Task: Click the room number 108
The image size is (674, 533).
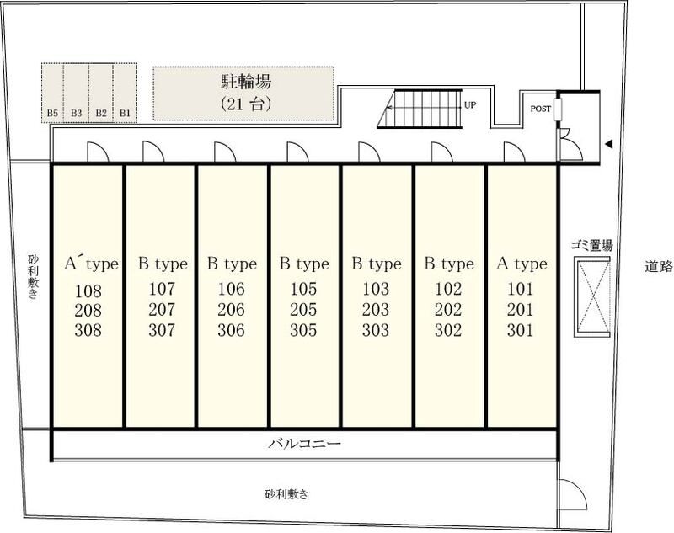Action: click(88, 291)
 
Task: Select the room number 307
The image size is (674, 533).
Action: click(162, 330)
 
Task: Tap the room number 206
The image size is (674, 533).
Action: click(231, 310)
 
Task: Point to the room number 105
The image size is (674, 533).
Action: click(303, 289)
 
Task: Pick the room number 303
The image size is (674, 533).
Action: click(376, 330)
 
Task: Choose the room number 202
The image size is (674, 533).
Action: click(448, 310)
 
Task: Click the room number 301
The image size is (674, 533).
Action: click(520, 330)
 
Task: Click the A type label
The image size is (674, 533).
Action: click(522, 264)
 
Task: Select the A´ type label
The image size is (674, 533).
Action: click(91, 264)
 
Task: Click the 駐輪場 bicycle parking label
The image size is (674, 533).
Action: click(246, 82)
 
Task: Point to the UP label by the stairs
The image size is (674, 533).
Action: click(470, 104)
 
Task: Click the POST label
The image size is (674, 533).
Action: click(540, 109)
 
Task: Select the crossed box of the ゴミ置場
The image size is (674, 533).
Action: click(594, 296)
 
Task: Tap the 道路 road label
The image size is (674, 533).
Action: click(659, 266)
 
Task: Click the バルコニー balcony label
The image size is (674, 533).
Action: click(305, 443)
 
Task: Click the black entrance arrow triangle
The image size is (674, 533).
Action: click(608, 144)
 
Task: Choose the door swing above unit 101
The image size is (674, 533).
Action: click(515, 152)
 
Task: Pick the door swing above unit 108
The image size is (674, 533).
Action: click(98, 152)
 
